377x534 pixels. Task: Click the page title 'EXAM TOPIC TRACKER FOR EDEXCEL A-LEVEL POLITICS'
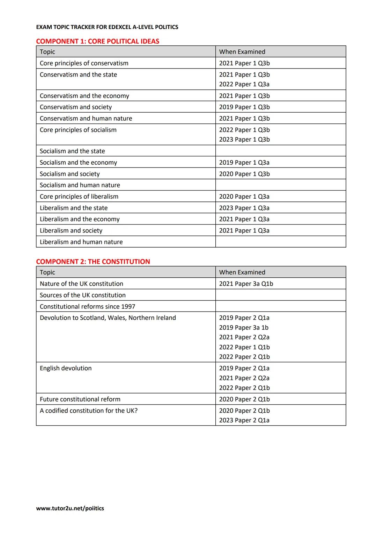[107, 27]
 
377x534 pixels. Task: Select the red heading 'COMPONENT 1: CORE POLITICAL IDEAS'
[97, 41]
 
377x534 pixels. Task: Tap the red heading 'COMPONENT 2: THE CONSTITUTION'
[93, 262]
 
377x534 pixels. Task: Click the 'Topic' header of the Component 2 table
[47, 272]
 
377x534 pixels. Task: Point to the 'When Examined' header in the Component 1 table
[242, 52]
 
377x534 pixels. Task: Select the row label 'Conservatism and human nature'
[86, 119]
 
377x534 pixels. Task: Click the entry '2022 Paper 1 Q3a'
[244, 84]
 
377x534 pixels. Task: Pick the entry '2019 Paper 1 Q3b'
[244, 107]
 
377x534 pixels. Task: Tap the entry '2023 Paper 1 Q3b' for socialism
[244, 140]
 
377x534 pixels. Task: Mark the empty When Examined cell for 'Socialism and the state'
[280, 151]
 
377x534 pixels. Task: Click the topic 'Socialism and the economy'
[78, 163]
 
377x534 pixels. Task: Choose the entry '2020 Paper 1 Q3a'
[244, 197]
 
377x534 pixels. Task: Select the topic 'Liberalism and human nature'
[81, 242]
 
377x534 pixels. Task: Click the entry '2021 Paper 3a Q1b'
[246, 284]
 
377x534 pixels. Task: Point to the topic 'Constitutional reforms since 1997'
[87, 307]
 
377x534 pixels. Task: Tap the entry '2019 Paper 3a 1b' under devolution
[244, 328]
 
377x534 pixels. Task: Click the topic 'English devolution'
[66, 368]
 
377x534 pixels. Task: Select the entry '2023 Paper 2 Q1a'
[244, 420]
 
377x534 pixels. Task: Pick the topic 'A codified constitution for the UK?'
[89, 411]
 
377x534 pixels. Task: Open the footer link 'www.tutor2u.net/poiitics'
[70, 508]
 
